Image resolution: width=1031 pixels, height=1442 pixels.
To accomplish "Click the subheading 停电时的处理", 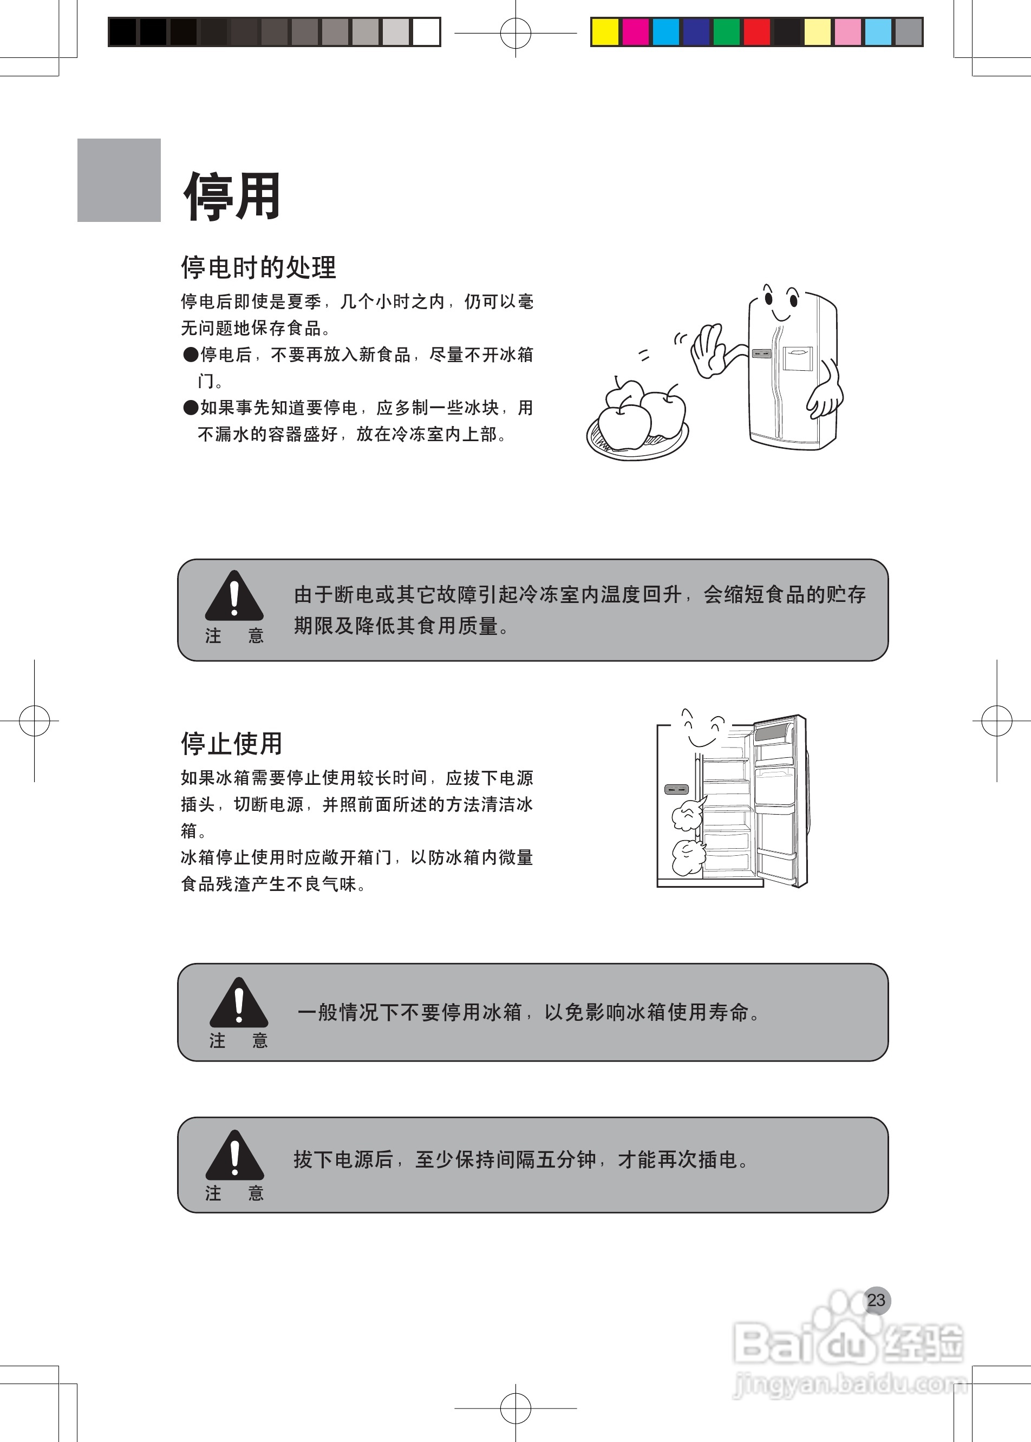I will click(258, 267).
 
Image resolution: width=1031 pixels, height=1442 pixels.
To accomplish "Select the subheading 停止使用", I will click(232, 743).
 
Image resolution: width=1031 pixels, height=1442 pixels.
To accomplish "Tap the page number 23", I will click(876, 1301).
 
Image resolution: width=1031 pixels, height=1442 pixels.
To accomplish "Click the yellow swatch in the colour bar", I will click(604, 32).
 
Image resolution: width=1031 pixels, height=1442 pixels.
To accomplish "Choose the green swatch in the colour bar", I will click(726, 32).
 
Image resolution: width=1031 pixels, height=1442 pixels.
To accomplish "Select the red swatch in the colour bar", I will click(757, 32).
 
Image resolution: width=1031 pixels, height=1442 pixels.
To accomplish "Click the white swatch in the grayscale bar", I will click(426, 32).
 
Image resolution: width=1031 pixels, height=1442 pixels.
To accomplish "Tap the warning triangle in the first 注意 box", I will click(234, 597).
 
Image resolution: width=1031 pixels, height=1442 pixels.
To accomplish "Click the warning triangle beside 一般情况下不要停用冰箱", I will click(239, 1004).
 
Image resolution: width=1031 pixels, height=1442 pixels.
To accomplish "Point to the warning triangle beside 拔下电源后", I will click(234, 1156).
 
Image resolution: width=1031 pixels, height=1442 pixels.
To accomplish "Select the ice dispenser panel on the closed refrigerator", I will click(798, 358).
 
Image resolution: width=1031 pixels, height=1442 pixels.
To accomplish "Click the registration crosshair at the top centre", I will click(515, 32).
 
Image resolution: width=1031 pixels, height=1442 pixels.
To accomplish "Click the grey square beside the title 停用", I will click(119, 180).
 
